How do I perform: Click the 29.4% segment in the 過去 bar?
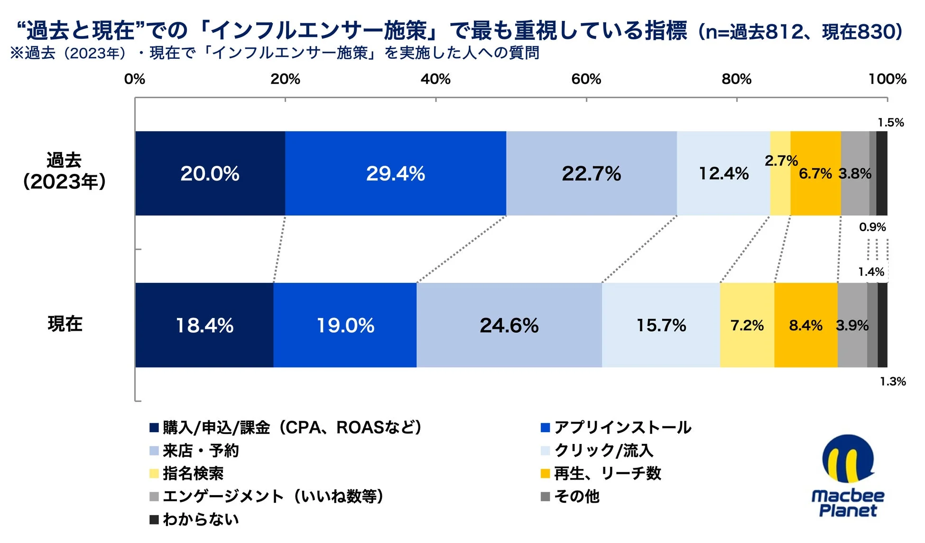click(x=395, y=173)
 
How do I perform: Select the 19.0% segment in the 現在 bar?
click(x=345, y=326)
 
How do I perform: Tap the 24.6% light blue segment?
click(x=509, y=326)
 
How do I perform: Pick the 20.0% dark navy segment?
click(x=210, y=173)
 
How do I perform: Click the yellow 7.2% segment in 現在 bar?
click(x=747, y=326)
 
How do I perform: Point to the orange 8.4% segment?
click(x=805, y=326)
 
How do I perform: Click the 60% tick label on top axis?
click(x=586, y=79)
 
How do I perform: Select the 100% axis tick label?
click(x=887, y=79)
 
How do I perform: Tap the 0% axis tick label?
click(x=135, y=79)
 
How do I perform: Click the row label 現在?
click(x=65, y=324)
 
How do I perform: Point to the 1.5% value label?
click(x=890, y=123)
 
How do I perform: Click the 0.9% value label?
click(x=872, y=227)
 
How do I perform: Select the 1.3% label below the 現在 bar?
click(x=893, y=381)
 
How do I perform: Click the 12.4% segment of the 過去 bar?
click(x=723, y=173)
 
